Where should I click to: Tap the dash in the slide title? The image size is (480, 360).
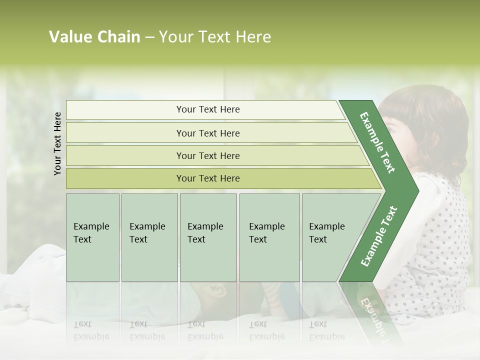(149, 37)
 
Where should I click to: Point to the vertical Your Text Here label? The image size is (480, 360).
(57, 143)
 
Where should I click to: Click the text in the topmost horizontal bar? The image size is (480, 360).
(208, 109)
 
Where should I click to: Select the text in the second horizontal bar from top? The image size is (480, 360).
(208, 133)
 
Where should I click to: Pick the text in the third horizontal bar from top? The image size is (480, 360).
(208, 156)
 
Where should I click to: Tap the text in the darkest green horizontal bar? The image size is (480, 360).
(208, 178)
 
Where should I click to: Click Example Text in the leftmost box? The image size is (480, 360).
(91, 233)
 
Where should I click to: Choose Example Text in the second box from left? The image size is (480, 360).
(147, 233)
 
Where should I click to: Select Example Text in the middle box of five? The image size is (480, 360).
(205, 233)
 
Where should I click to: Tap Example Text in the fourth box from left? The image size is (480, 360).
(266, 233)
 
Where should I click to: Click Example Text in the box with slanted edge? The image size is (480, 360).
(326, 233)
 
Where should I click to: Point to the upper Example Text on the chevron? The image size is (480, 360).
(377, 142)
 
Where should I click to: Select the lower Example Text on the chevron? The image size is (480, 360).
(379, 236)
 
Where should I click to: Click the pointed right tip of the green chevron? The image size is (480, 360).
(417, 190)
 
